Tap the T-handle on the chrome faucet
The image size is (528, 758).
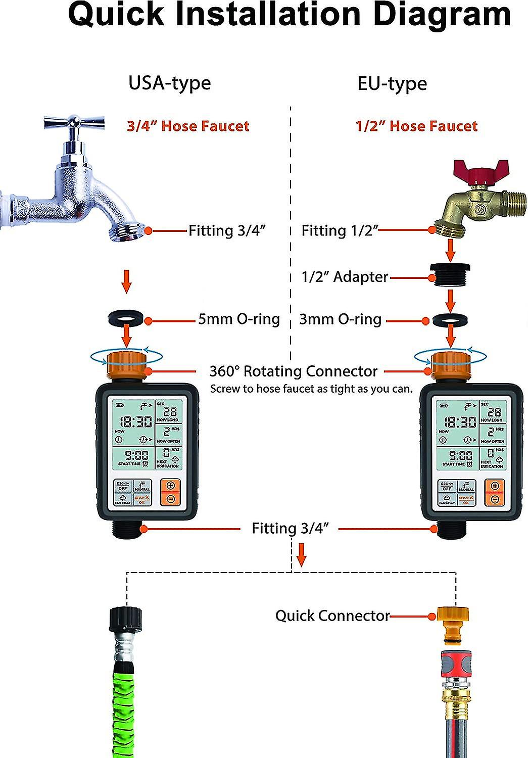coord(74,122)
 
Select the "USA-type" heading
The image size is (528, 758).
coord(169,83)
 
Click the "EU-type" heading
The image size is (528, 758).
coord(392,83)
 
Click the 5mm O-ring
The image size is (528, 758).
coord(126,320)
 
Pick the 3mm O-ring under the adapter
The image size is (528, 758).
coord(451,320)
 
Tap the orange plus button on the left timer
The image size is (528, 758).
coord(170,486)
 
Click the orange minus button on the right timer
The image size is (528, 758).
coord(495,499)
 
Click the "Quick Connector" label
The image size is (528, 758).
coord(332,615)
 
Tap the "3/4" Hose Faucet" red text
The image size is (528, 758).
coord(188,126)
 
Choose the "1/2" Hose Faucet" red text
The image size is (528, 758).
coord(416,126)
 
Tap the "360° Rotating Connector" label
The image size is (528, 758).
coord(293,371)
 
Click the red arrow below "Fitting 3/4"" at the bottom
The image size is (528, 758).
coord(302,554)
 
